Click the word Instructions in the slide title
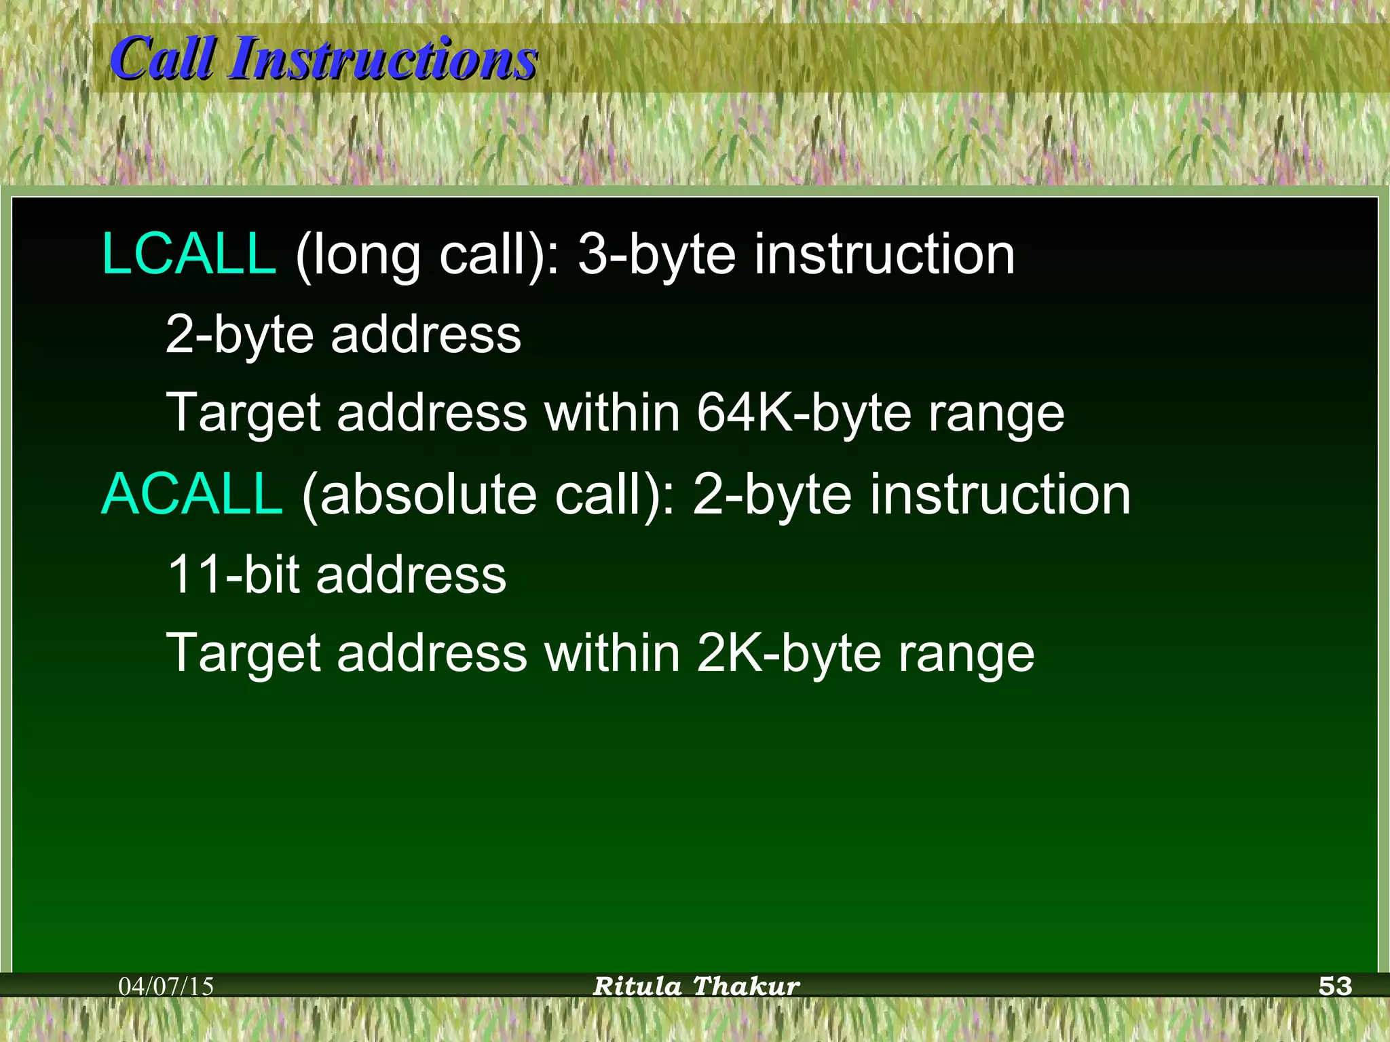point(383,60)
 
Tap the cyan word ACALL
point(191,494)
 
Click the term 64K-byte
point(804,412)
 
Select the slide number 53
point(1335,986)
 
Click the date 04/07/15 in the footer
point(166,986)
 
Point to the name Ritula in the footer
point(637,986)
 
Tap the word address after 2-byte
point(426,334)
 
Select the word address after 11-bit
point(411,575)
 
